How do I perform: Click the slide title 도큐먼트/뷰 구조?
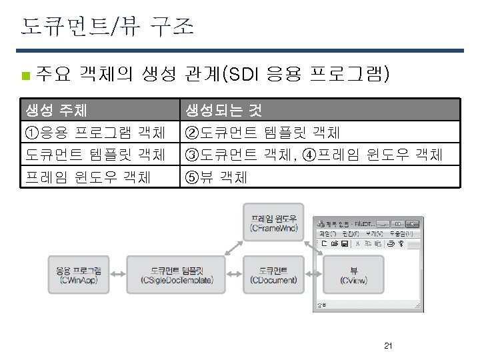coord(107,27)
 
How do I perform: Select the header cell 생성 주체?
coord(56,110)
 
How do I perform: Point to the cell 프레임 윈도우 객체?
coord(87,177)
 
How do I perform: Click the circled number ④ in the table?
coord(309,155)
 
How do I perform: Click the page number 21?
coord(388,346)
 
